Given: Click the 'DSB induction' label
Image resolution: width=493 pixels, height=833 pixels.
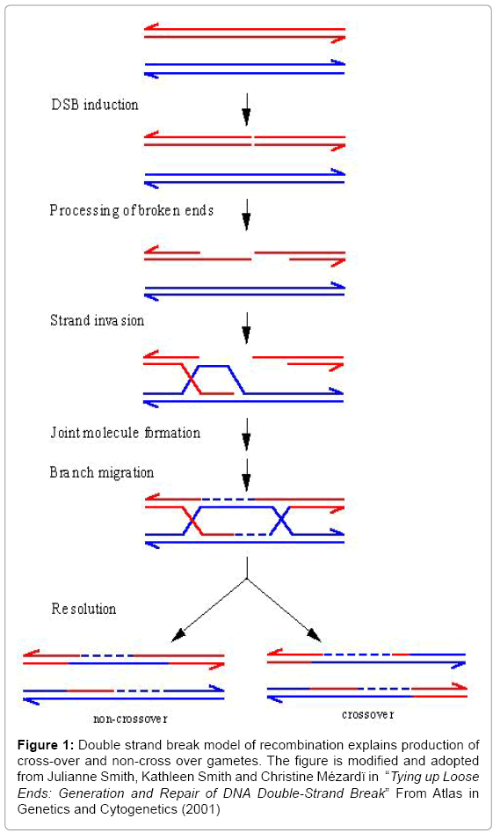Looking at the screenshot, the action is coord(95,104).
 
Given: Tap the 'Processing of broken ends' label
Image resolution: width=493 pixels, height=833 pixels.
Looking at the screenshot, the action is coord(132,210).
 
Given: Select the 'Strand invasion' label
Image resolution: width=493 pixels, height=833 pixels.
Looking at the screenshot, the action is coord(98,320).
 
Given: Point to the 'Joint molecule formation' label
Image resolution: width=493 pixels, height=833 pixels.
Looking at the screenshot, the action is coord(126,433).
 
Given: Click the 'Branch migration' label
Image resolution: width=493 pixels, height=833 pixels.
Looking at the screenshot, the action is coord(102,473).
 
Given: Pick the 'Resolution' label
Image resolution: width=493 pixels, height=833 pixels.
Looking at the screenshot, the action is coord(83,609).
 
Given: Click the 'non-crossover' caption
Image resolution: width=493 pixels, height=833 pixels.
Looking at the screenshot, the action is coord(131,719).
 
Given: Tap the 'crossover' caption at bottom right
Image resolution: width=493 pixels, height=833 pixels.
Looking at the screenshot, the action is coord(368,714).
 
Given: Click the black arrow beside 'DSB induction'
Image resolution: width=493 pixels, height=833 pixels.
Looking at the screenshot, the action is coord(246,109).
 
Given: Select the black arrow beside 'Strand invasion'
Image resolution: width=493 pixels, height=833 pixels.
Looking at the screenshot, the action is coord(246,327).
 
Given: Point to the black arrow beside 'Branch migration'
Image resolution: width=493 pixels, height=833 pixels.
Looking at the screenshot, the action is coord(246,475).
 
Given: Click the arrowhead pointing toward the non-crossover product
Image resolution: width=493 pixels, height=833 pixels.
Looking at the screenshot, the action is coord(178,635).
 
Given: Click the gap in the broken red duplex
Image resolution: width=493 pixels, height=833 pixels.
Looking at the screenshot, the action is coord(252,141).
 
